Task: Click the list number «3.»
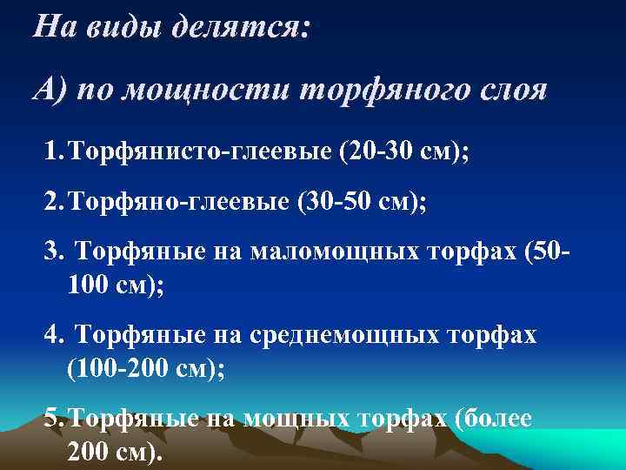click(x=55, y=253)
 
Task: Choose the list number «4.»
click(x=55, y=335)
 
